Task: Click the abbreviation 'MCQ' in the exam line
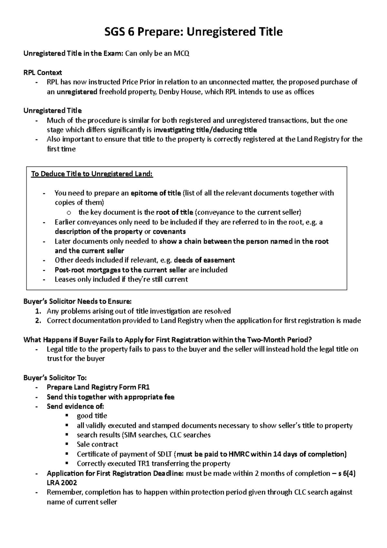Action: pos(182,54)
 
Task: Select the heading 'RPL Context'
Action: pos(43,73)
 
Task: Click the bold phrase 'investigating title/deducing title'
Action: pos(205,130)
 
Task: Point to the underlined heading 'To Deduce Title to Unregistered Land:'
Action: pos(92,174)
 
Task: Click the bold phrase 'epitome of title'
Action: pos(156,193)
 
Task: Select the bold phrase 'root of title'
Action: pos(174,212)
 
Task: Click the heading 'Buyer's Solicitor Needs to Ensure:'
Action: pos(77,302)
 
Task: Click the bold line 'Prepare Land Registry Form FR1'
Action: pos(98,387)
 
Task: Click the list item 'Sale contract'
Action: pos(97,444)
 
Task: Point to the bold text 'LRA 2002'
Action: pos(62,483)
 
